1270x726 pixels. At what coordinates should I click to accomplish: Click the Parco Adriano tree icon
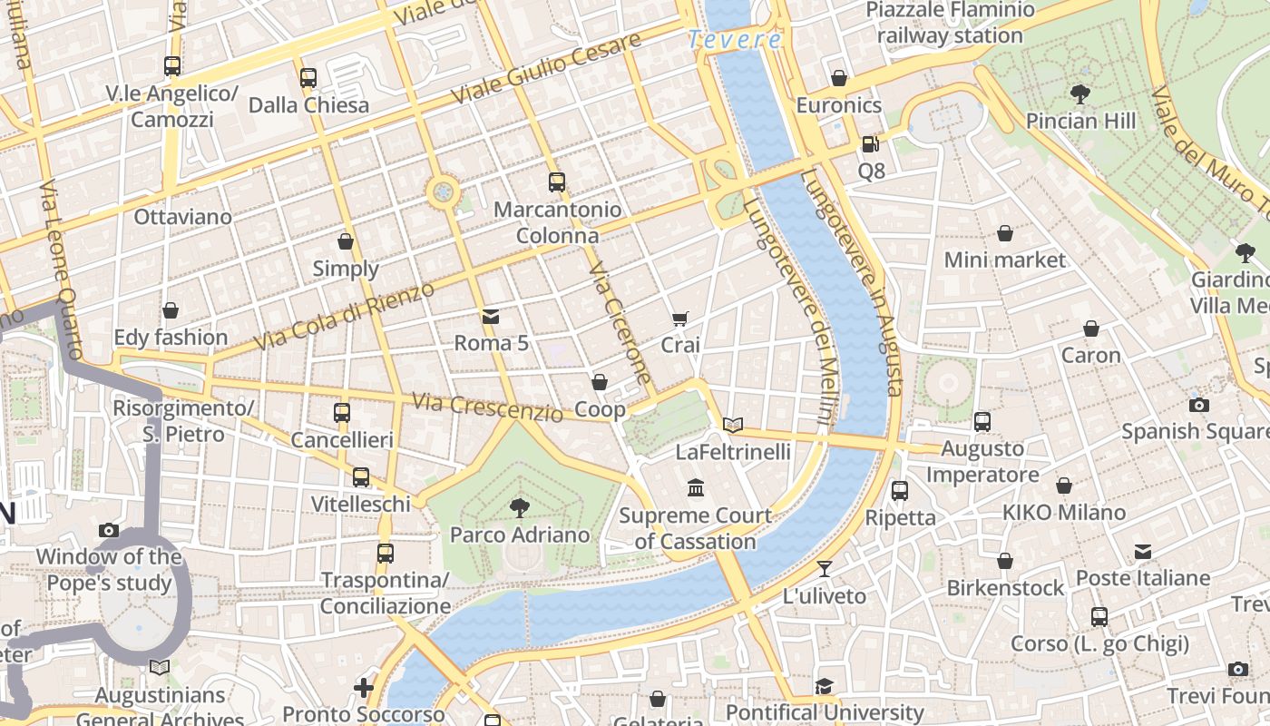tap(520, 507)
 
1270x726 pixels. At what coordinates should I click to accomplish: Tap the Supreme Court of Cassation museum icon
tap(696, 488)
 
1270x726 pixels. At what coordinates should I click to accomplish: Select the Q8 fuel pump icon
tap(870, 143)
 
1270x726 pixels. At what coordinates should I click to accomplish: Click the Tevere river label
tap(735, 40)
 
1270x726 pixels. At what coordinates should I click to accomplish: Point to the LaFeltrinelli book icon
tap(733, 425)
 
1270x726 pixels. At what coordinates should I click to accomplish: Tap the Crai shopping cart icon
tap(680, 319)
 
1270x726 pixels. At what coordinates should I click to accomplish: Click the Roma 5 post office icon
tap(491, 317)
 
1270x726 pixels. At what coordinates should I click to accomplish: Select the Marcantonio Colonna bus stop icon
tap(557, 182)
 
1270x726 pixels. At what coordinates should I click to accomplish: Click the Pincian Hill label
tap(1080, 121)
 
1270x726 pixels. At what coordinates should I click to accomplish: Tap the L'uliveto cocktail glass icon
tap(824, 569)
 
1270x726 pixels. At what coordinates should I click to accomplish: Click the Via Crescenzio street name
tap(487, 407)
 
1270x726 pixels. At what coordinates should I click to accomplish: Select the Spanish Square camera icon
tap(1199, 405)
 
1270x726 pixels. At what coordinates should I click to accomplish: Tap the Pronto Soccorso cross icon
tap(364, 688)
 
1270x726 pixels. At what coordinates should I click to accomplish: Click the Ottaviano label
tap(182, 217)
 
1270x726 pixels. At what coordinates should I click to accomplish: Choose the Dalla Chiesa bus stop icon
tap(308, 78)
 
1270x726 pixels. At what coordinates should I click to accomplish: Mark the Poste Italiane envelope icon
tap(1143, 552)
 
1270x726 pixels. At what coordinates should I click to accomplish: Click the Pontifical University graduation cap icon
tap(824, 686)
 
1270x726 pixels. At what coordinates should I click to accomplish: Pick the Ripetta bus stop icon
tap(900, 491)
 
